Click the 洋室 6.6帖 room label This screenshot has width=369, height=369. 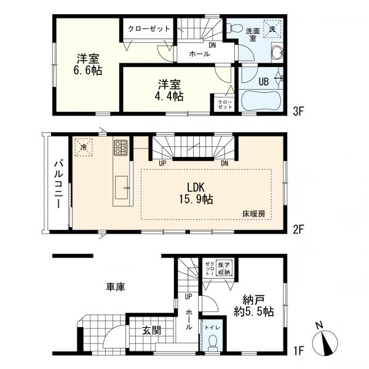point(87,64)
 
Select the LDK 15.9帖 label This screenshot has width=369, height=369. point(196,193)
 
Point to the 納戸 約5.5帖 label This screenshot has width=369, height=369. point(253,306)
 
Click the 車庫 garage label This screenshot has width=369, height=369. point(116,287)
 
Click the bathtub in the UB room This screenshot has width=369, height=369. point(262,101)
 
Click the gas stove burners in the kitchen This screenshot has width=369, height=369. point(121,148)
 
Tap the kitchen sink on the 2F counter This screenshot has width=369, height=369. point(121,188)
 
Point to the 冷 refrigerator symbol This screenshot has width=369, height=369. point(84,148)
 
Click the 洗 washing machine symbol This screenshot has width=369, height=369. point(272,29)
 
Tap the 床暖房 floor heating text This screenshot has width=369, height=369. point(254,214)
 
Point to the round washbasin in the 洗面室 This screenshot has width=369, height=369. point(277,52)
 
